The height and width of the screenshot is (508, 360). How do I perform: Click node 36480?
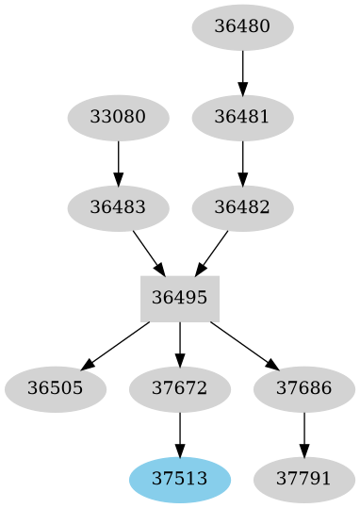click(242, 27)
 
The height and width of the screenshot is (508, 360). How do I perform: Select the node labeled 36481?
click(242, 118)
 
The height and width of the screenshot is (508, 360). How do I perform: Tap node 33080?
click(118, 118)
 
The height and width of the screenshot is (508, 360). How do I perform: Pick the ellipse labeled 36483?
click(118, 207)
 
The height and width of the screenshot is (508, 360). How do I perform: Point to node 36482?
click(242, 207)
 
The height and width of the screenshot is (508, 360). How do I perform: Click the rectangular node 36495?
click(180, 298)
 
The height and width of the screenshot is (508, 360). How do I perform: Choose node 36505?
click(55, 388)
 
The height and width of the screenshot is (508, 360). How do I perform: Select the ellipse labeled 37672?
click(180, 388)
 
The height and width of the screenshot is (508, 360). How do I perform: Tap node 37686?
click(303, 388)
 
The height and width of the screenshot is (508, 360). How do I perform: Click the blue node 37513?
click(180, 478)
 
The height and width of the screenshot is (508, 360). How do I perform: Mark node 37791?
click(303, 478)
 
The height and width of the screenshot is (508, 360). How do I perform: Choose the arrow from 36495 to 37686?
click(243, 344)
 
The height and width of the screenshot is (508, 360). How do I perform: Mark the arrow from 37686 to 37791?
click(303, 434)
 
